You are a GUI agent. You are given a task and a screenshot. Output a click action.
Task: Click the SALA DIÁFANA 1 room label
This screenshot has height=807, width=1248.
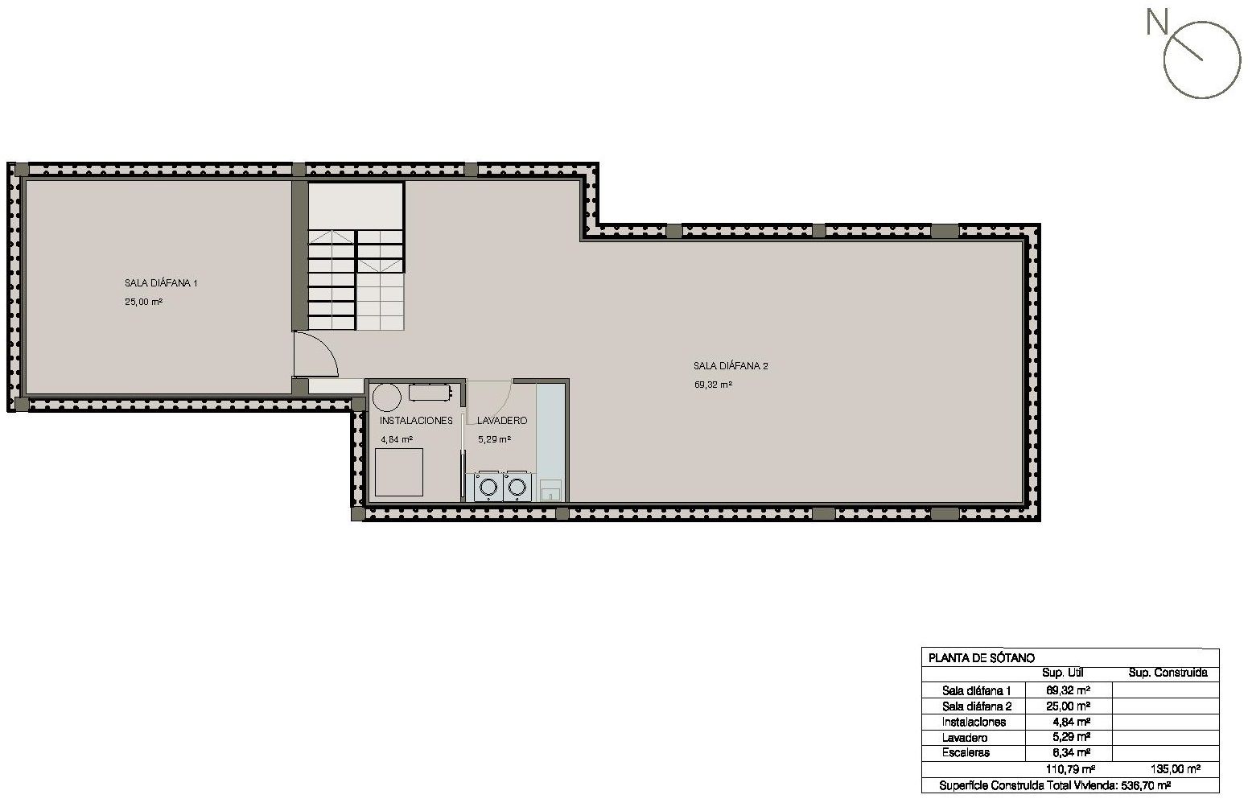tap(161, 283)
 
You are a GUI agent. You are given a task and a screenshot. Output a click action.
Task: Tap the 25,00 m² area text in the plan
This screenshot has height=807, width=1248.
tap(144, 302)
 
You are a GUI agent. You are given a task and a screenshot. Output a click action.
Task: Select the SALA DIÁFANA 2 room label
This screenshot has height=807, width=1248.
tap(731, 366)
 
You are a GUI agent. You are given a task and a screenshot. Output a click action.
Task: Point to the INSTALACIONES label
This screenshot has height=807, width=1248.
tap(416, 421)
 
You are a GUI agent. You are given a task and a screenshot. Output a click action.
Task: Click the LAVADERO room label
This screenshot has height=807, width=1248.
tap(502, 421)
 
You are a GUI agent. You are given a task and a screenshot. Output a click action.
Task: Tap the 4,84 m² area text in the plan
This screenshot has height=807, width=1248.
tap(397, 439)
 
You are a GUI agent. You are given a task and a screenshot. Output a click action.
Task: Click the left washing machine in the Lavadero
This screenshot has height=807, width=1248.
tap(488, 487)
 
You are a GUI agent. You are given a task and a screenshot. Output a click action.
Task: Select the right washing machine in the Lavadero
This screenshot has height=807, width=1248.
tap(517, 487)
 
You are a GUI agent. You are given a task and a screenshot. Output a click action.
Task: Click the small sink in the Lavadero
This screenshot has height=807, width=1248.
tap(551, 490)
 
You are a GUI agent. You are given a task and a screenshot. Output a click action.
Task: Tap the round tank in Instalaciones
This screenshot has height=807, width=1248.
tap(387, 397)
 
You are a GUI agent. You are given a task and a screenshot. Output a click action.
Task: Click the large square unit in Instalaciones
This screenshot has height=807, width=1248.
tap(399, 472)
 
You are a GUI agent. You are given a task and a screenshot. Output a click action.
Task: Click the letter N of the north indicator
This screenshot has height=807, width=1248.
tap(1156, 23)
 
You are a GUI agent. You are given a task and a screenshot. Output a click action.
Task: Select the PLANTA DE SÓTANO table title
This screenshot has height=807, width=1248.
tap(981, 658)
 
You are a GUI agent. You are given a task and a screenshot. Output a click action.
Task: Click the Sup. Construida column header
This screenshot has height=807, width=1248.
tap(1168, 673)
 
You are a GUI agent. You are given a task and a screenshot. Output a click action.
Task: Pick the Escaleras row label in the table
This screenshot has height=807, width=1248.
tap(966, 753)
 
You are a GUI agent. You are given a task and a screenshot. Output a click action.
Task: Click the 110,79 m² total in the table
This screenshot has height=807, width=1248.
tap(1070, 770)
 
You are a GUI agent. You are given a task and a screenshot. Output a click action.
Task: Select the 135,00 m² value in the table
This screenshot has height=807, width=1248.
tap(1176, 770)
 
